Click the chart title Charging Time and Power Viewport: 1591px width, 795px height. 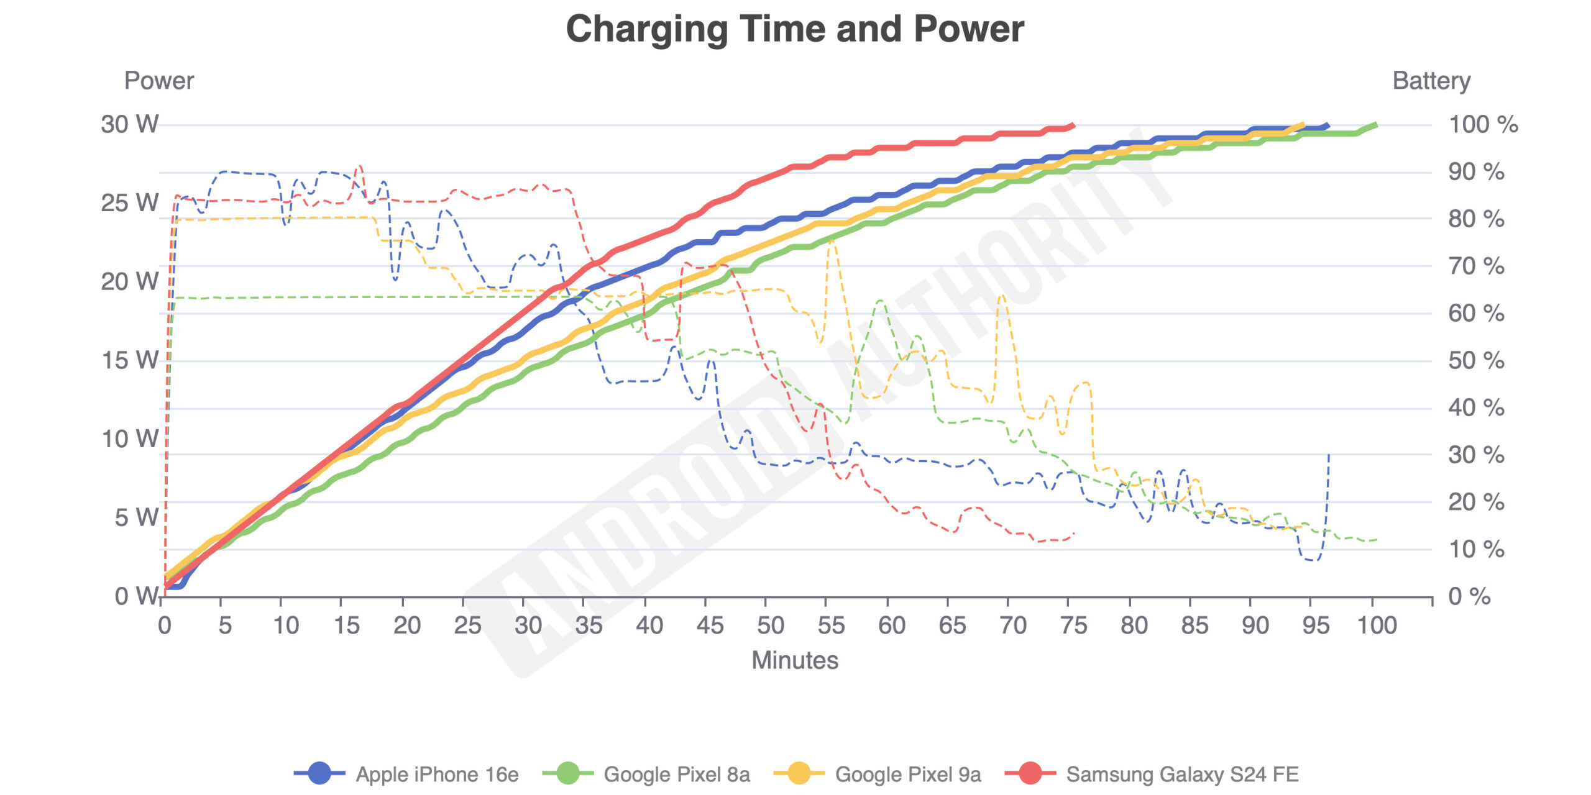click(x=795, y=29)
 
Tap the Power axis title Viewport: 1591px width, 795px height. click(x=158, y=81)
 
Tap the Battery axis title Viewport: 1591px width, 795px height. click(x=1431, y=81)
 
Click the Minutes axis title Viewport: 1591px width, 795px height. click(x=795, y=660)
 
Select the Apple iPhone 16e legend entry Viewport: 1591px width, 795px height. click(x=437, y=775)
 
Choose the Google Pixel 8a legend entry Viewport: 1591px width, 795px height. click(x=677, y=775)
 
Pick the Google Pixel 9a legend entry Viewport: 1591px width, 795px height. click(x=908, y=775)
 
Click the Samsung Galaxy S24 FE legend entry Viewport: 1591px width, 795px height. click(x=1182, y=775)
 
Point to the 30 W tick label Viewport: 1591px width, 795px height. click(x=130, y=124)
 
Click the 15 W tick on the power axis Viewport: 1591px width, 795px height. click(x=130, y=360)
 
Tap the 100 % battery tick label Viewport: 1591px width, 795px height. click(x=1483, y=124)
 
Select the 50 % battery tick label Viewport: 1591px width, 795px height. click(x=1476, y=360)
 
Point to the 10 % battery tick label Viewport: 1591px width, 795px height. click(x=1476, y=549)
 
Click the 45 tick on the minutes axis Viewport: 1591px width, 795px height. click(x=710, y=625)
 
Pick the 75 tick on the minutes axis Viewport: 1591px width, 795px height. click(x=1074, y=625)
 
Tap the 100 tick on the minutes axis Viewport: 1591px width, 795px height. click(x=1377, y=625)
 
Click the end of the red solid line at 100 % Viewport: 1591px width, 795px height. click(x=1073, y=125)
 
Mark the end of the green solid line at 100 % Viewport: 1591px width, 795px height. click(x=1376, y=125)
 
